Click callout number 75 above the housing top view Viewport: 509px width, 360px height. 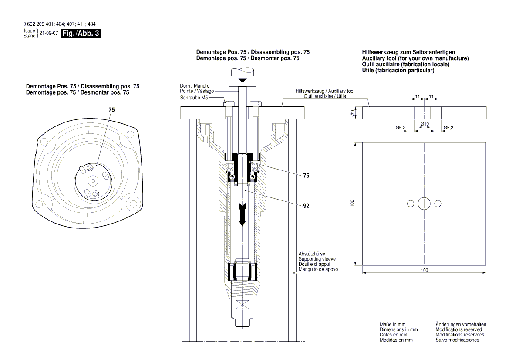112,111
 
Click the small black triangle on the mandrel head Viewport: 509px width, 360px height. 243,81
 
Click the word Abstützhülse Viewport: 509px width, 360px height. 312,254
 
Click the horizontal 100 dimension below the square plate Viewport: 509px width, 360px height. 425,270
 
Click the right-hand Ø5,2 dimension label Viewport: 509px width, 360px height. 448,127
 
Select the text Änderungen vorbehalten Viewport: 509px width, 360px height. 461,325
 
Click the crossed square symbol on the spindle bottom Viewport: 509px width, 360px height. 243,306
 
